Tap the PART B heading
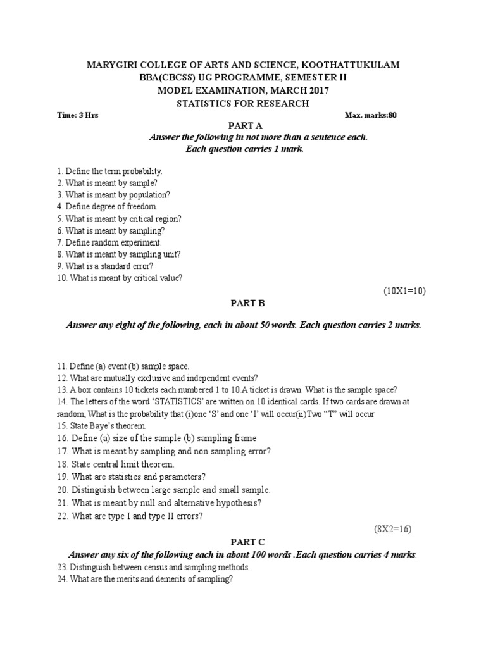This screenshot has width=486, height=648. [243, 303]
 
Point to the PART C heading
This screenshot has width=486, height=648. [242, 542]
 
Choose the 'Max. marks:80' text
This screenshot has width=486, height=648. [371, 116]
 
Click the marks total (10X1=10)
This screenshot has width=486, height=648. [405, 290]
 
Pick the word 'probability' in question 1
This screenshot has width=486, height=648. [143, 171]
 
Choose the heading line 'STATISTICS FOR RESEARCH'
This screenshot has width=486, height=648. [243, 103]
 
